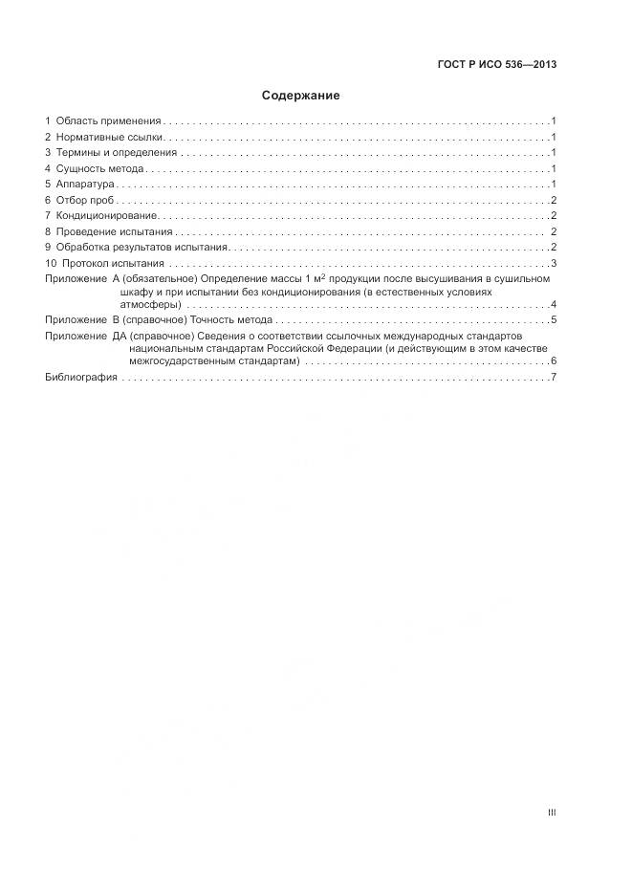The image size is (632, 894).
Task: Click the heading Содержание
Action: click(301, 96)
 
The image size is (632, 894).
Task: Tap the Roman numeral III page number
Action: click(552, 813)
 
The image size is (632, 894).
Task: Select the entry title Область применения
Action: click(108, 121)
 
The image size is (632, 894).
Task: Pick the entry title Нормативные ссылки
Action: click(110, 137)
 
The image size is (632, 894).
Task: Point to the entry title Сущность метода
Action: click(99, 168)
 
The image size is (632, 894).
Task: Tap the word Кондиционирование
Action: click(106, 215)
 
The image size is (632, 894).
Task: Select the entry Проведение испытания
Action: click(114, 231)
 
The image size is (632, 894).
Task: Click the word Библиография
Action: click(81, 378)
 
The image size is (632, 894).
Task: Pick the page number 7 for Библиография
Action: click(554, 378)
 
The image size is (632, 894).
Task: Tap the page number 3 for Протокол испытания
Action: click(554, 263)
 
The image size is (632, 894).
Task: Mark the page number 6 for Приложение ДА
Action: click(554, 362)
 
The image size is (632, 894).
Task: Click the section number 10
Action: click(52, 263)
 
